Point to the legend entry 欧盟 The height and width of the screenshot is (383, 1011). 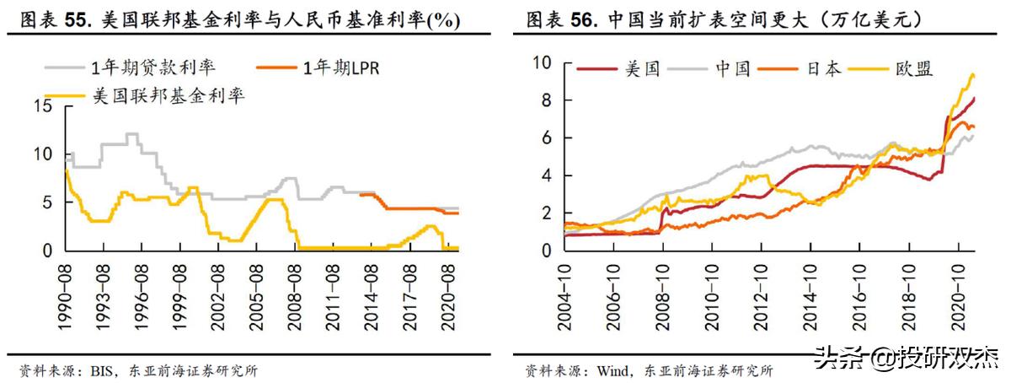(913, 68)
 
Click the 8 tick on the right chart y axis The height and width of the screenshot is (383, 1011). (545, 100)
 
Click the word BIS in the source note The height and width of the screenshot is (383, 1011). (100, 370)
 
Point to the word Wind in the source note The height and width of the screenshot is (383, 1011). (613, 370)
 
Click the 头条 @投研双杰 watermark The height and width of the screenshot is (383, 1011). (907, 359)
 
